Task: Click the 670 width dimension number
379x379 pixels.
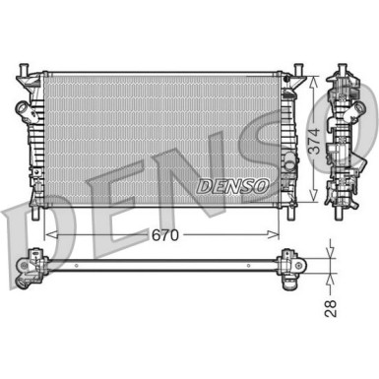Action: (x=164, y=236)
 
